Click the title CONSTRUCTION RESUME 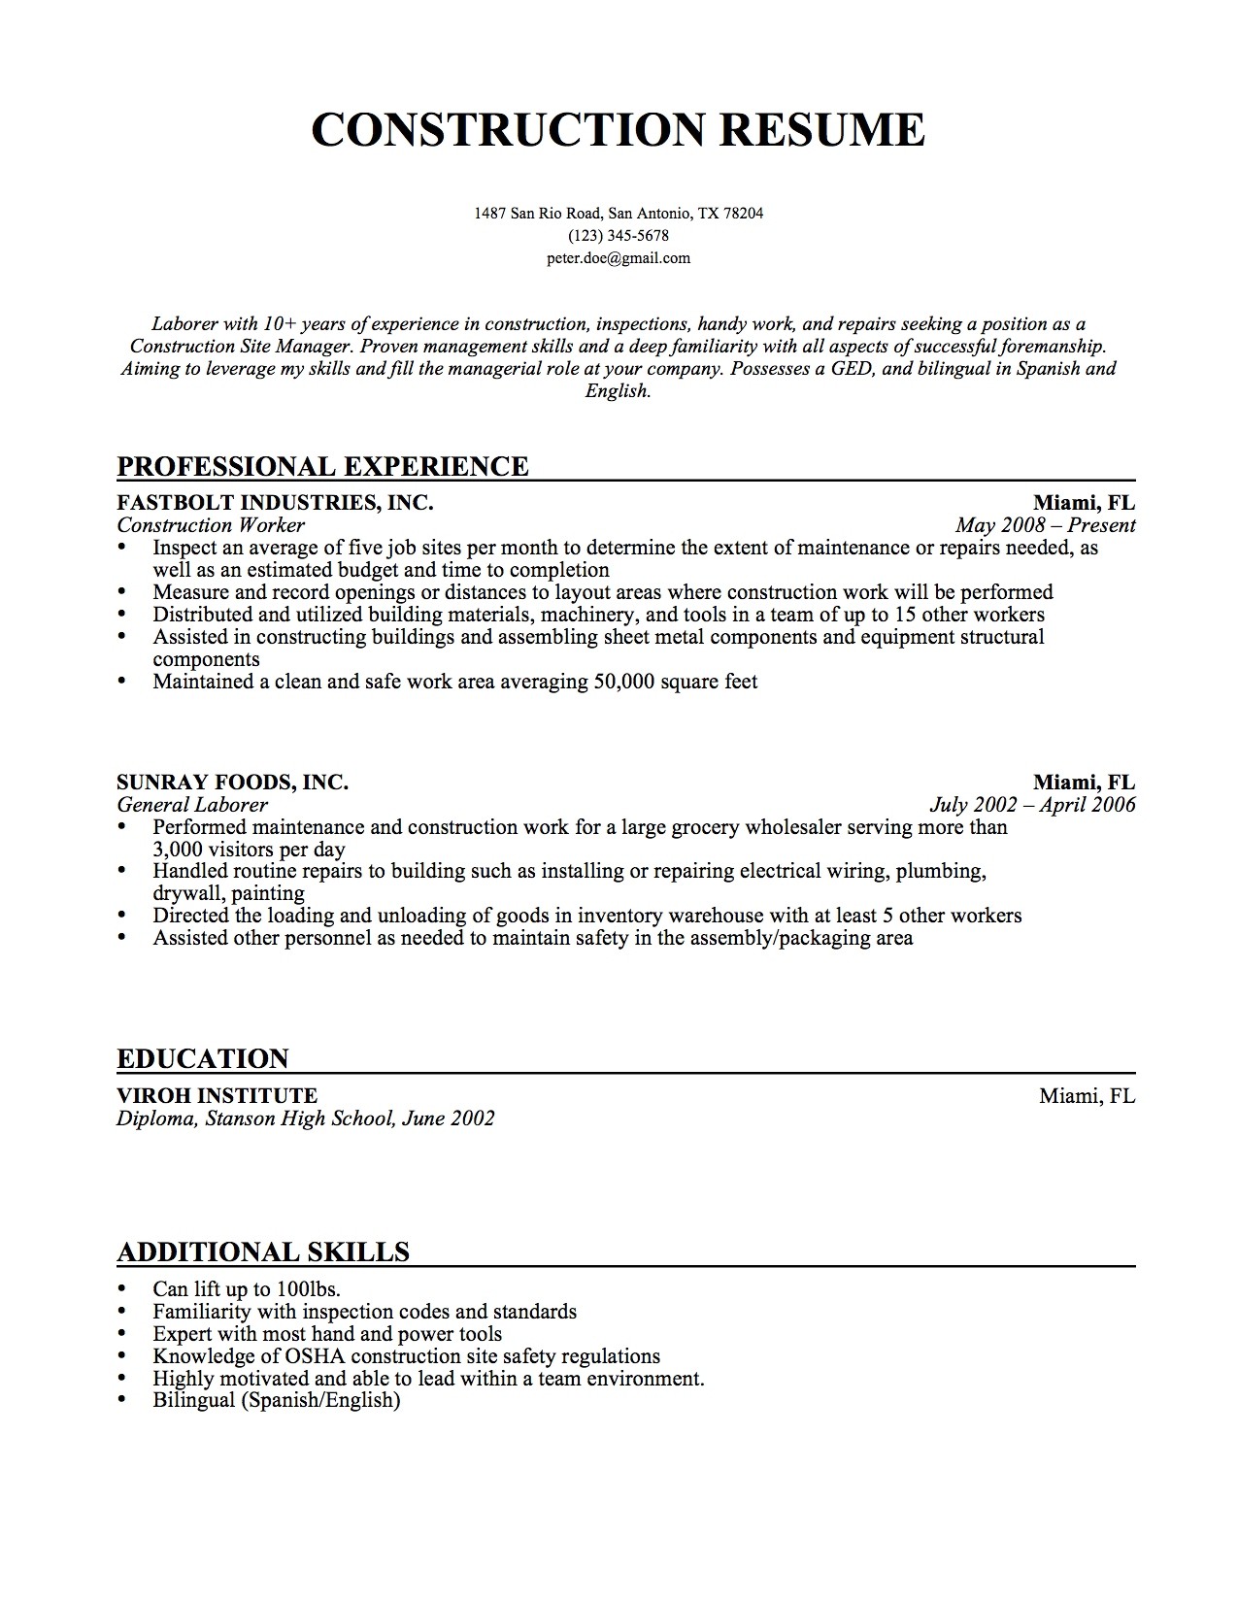point(618,129)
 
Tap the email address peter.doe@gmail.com point(618,258)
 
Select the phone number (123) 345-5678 point(619,236)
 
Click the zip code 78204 point(744,213)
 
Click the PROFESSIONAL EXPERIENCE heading point(322,466)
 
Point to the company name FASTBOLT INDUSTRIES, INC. point(275,503)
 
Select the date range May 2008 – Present point(1045,525)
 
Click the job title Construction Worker point(211,525)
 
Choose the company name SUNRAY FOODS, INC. point(232,783)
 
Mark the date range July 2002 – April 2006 point(1032,805)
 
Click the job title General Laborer point(192,805)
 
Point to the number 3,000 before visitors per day point(177,849)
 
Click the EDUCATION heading point(203,1058)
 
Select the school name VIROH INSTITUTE point(217,1096)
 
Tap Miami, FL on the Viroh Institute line point(1087,1096)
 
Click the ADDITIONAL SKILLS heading point(263,1252)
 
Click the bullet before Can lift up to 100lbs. point(121,1288)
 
